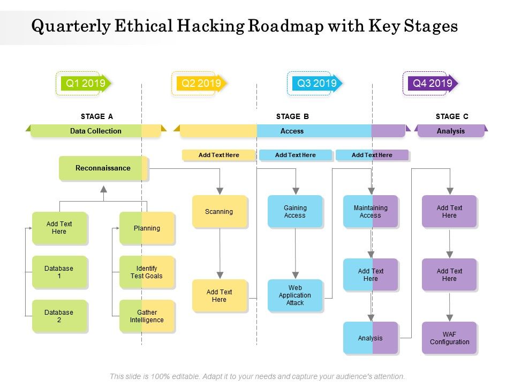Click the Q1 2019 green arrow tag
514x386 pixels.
[x=85, y=83]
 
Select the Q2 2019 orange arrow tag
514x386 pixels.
[x=201, y=83]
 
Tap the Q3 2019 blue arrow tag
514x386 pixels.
[x=316, y=83]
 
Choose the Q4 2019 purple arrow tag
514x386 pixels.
[x=432, y=83]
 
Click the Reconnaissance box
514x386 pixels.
[x=103, y=168]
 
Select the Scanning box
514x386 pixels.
[x=220, y=211]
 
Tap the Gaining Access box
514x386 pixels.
[x=295, y=211]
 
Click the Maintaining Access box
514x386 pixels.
[x=371, y=211]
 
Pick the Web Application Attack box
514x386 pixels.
[x=295, y=295]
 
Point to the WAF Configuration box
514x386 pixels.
[x=449, y=338]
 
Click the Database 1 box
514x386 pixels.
[x=59, y=272]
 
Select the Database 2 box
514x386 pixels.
[x=59, y=316]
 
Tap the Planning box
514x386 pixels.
[x=147, y=228]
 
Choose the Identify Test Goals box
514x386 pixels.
[x=147, y=272]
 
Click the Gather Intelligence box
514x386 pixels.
[x=147, y=316]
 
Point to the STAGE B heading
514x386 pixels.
[x=292, y=116]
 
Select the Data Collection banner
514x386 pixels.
[x=96, y=131]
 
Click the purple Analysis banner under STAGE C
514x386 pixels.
[x=451, y=131]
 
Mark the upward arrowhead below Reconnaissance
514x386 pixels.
[x=103, y=189]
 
